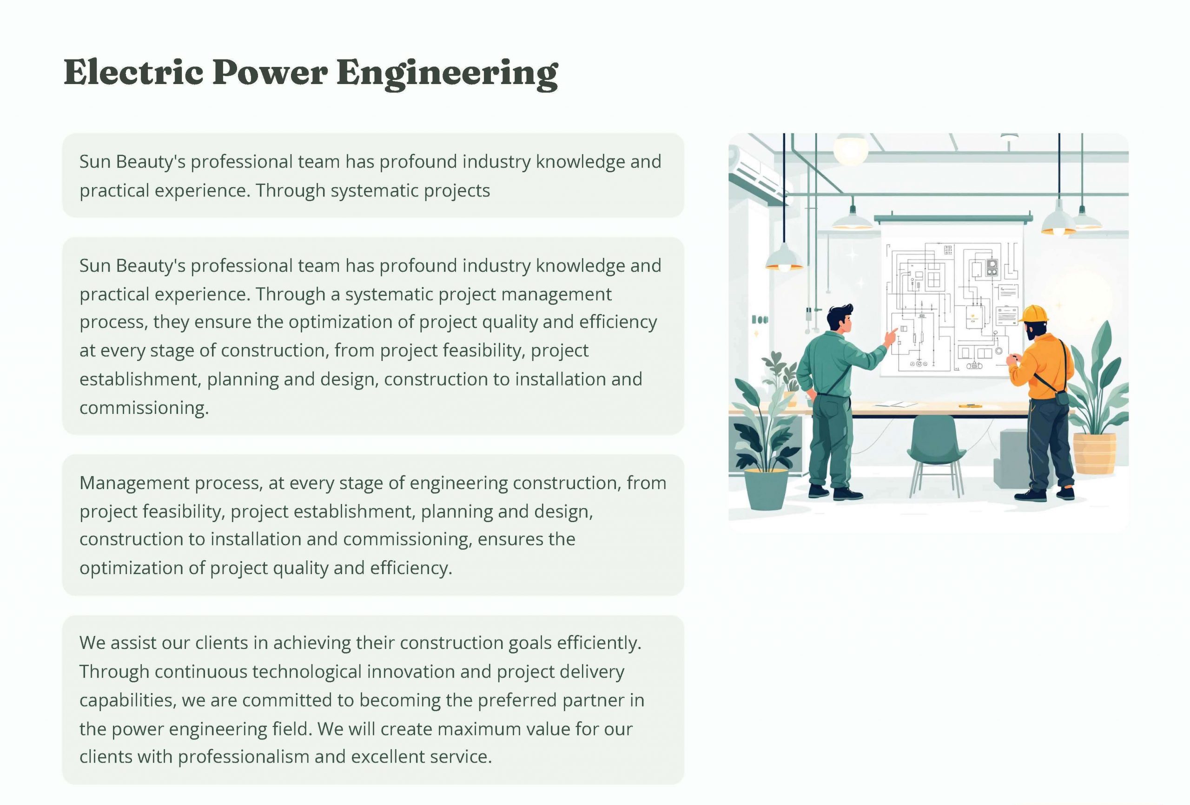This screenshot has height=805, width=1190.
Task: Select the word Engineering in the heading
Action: point(447,74)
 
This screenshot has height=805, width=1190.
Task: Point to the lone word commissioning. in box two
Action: point(145,408)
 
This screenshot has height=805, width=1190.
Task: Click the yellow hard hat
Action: point(1034,313)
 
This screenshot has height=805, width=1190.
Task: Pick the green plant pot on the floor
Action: point(766,489)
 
